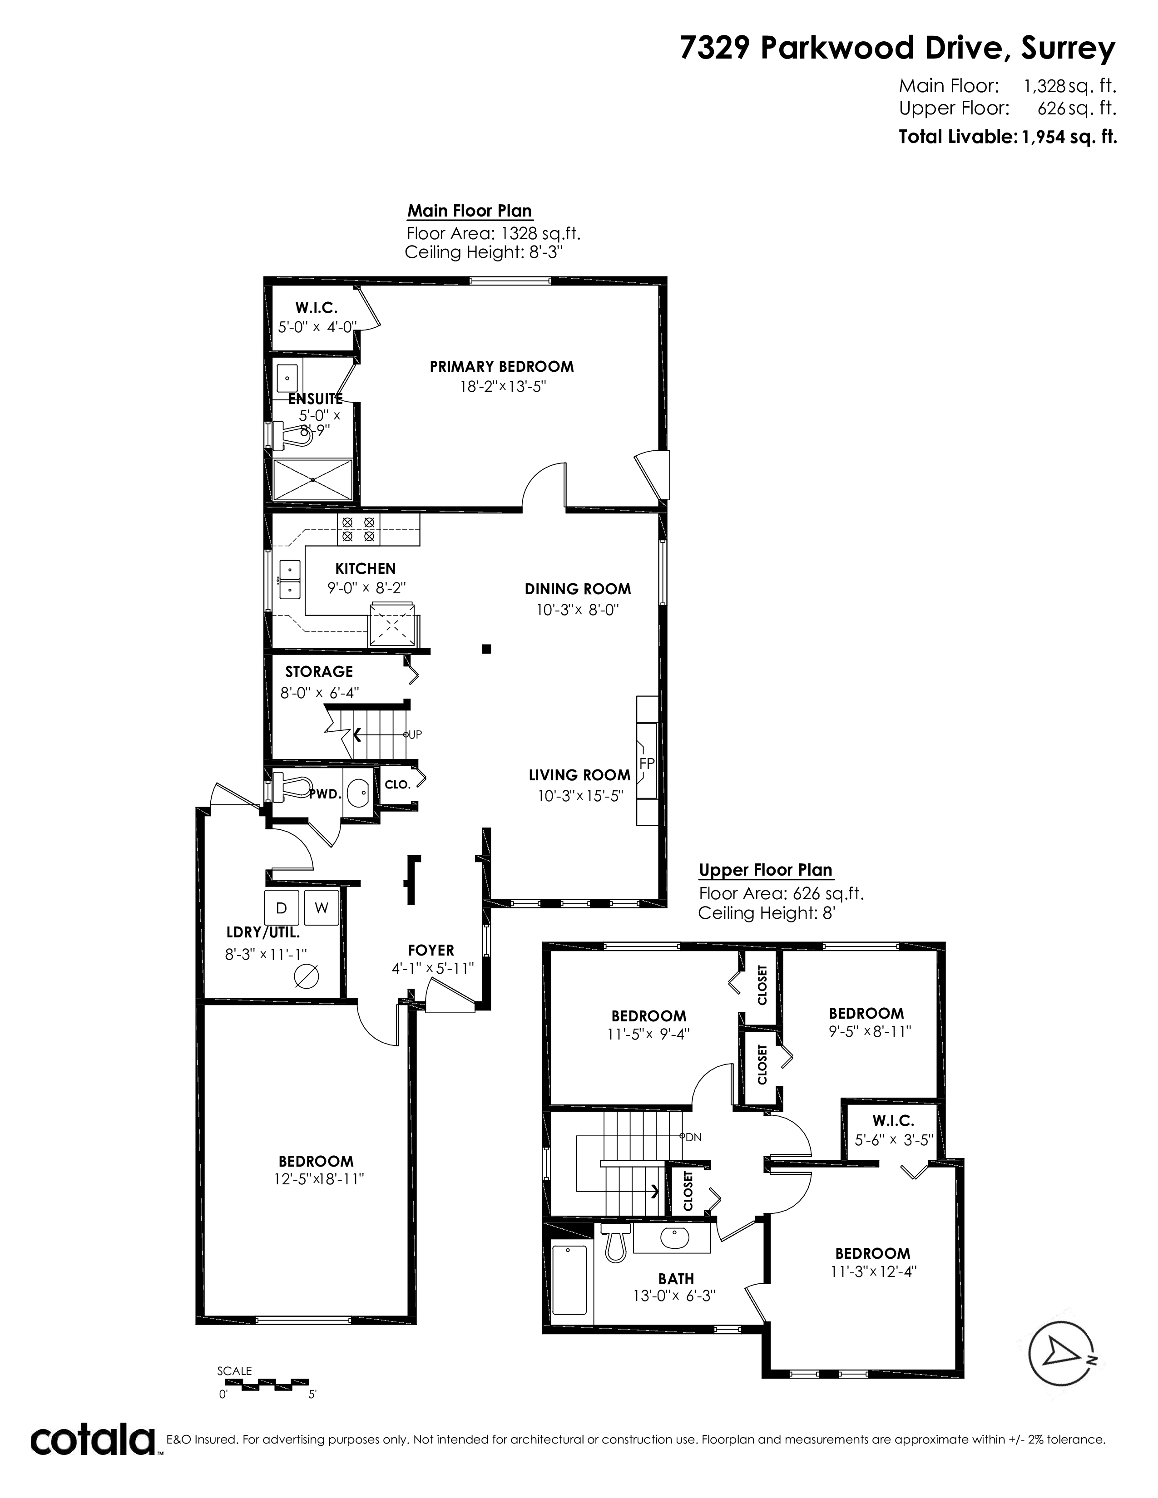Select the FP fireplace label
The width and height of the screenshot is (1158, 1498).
(x=646, y=763)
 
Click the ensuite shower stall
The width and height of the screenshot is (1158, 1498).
(x=313, y=479)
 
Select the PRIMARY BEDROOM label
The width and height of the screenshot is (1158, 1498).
(x=501, y=366)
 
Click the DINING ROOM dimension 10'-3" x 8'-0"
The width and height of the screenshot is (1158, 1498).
(x=578, y=609)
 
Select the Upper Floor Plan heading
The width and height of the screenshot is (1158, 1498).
(x=766, y=870)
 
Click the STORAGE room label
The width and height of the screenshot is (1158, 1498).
(x=319, y=671)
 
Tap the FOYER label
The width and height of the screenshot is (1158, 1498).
(x=431, y=950)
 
